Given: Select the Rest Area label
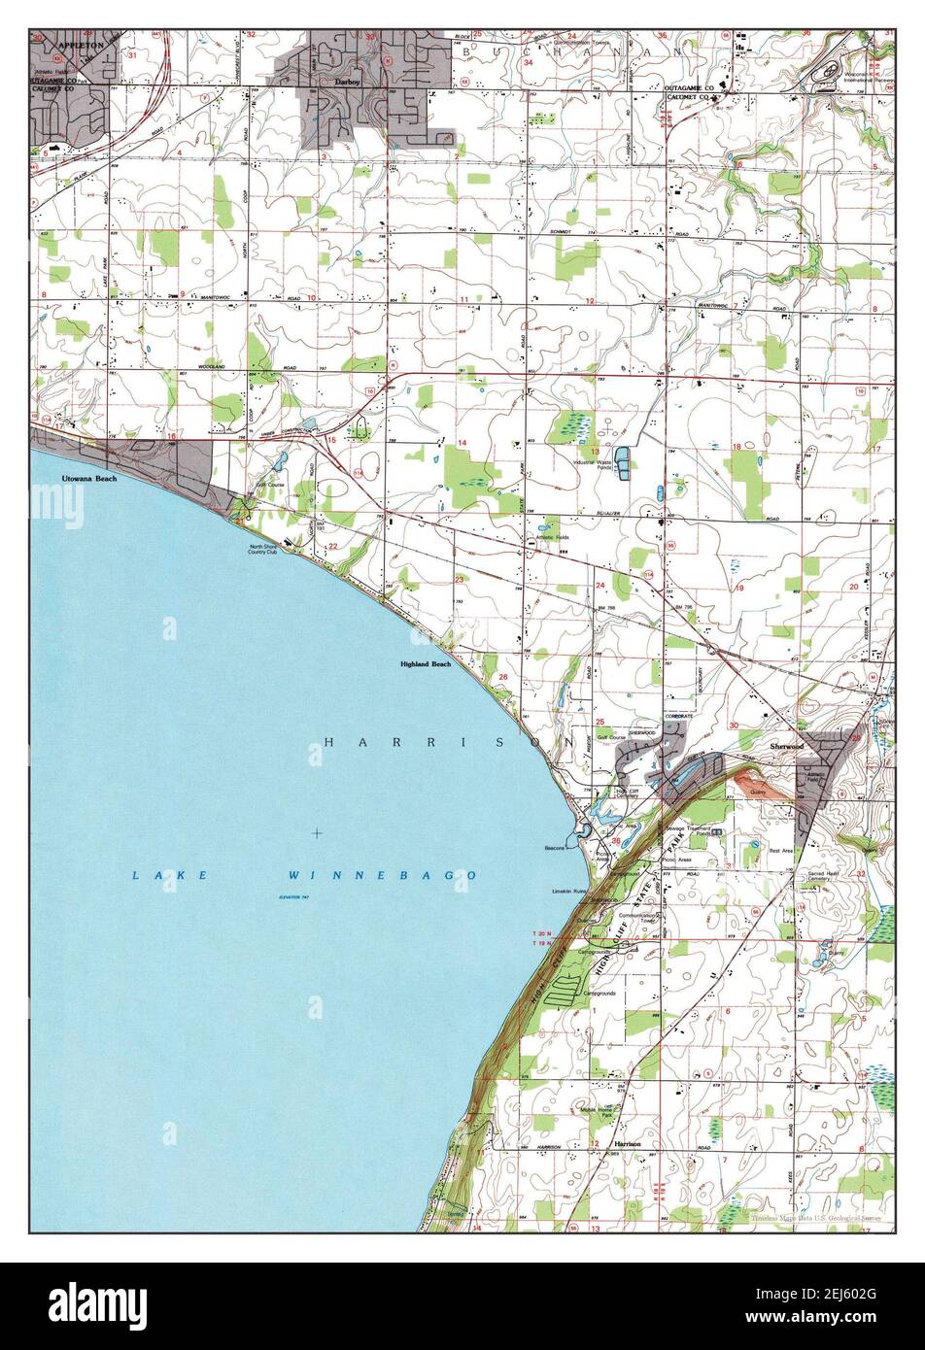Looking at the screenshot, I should [x=781, y=852].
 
